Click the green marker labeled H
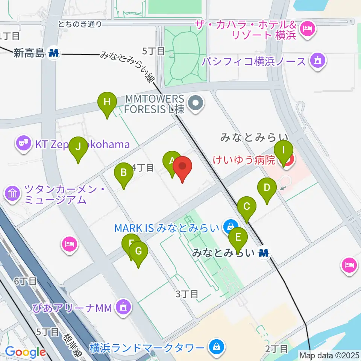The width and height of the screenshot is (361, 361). [x=107, y=102]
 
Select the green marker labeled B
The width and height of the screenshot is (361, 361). [x=123, y=173]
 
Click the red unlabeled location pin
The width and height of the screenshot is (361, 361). [x=182, y=167]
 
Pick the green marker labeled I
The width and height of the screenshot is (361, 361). [x=284, y=150]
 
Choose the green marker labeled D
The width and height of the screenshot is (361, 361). [x=267, y=187]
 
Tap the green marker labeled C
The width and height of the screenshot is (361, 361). [x=247, y=206]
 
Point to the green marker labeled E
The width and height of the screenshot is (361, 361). [x=238, y=238]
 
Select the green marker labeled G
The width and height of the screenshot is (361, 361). [x=138, y=251]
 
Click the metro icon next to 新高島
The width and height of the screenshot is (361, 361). [x=53, y=53]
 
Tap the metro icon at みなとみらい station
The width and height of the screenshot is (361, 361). [x=264, y=253]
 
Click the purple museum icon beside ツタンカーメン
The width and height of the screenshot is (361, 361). [x=12, y=194]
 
